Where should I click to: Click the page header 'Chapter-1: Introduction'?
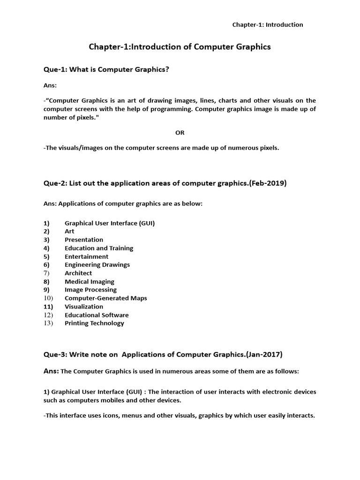pyautogui.click(x=268, y=25)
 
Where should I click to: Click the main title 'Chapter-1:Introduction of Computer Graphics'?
pyautogui.click(x=180, y=47)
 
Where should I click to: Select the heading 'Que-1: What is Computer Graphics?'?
pyautogui.click(x=106, y=70)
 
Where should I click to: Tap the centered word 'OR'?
pyautogui.click(x=180, y=133)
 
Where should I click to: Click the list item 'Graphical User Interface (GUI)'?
pyautogui.click(x=110, y=223)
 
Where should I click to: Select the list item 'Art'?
pyautogui.click(x=69, y=231)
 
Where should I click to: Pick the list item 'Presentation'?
pyautogui.click(x=84, y=240)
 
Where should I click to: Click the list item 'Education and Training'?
pyautogui.click(x=99, y=248)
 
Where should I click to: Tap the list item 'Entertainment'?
pyautogui.click(x=86, y=256)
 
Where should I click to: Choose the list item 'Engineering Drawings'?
pyautogui.click(x=97, y=265)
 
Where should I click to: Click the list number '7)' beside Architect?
pyautogui.click(x=46, y=273)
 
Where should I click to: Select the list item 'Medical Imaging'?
pyautogui.click(x=90, y=282)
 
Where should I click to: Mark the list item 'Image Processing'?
pyautogui.click(x=90, y=290)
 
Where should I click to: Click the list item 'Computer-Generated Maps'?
pyautogui.click(x=106, y=298)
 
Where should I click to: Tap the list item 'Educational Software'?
pyautogui.click(x=97, y=315)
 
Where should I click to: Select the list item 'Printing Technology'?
pyautogui.click(x=94, y=323)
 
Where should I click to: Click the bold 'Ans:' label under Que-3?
pyautogui.click(x=51, y=371)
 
